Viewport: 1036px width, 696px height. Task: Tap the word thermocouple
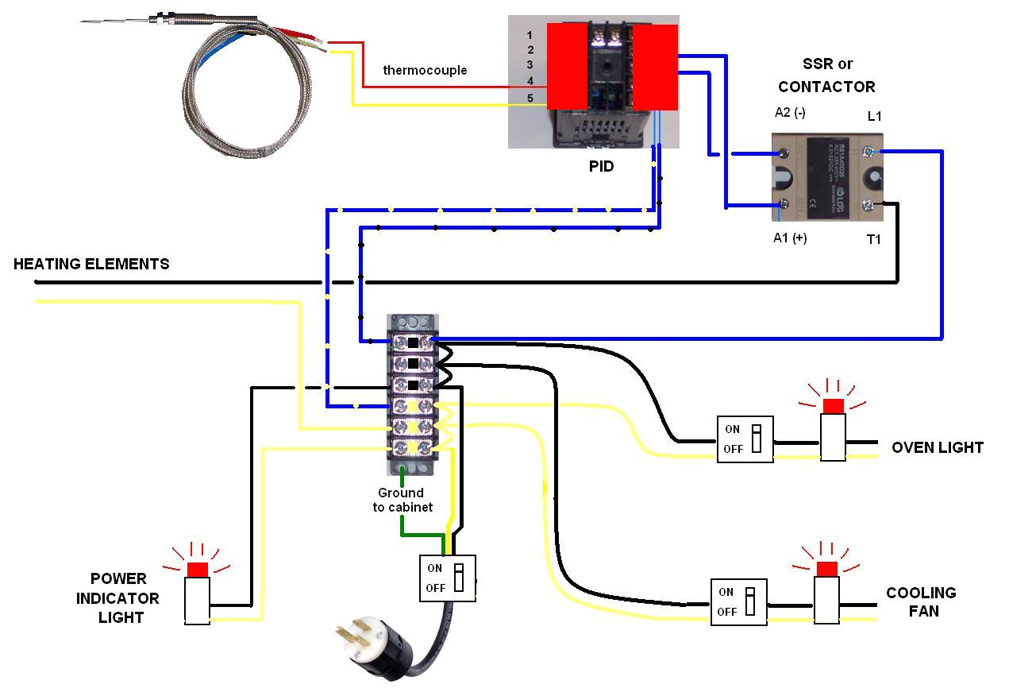coord(425,70)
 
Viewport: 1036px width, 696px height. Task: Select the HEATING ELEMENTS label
coord(91,264)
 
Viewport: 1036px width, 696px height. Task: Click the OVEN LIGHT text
coord(937,447)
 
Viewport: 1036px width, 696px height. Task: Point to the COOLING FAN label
coord(921,601)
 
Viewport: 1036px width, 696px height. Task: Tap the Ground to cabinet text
coord(402,500)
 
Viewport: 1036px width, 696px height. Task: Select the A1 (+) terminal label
coord(789,238)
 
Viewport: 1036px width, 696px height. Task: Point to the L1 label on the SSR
coord(874,117)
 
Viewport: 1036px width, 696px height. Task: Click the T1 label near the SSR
coord(873,239)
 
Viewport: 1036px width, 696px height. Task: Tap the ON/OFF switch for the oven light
coord(745,439)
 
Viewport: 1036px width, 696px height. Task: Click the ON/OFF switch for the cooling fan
coord(738,601)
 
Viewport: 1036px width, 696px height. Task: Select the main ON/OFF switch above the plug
coord(447,578)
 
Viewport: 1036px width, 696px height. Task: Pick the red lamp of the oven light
coord(833,406)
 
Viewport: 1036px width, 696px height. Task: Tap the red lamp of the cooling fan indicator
coord(826,568)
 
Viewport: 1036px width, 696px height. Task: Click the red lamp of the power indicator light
coord(197,569)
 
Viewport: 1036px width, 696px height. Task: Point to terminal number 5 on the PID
coord(530,99)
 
